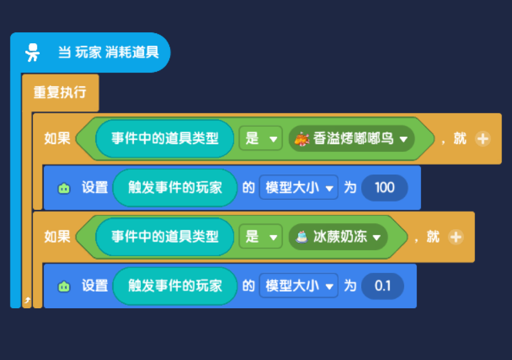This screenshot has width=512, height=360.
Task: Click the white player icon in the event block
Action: [x=33, y=53]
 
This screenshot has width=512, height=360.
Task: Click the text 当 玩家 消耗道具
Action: [x=108, y=52]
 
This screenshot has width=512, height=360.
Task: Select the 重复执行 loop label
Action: [x=60, y=92]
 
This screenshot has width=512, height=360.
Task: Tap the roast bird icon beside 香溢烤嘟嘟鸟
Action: [x=302, y=139]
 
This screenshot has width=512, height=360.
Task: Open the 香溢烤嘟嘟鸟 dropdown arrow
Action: [x=404, y=139]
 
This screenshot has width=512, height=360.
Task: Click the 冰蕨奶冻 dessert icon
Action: [x=302, y=237]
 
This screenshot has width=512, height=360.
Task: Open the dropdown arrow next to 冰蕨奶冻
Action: [x=377, y=237]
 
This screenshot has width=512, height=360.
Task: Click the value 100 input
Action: [x=384, y=187]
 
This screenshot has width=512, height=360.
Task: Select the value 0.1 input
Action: [x=382, y=286]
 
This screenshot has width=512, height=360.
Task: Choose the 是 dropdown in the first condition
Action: [x=261, y=138]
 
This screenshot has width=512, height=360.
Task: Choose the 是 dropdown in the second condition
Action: [x=261, y=236]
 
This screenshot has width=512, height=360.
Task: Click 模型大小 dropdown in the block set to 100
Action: [x=299, y=187]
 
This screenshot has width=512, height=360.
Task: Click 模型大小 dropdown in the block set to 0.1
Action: [x=299, y=286]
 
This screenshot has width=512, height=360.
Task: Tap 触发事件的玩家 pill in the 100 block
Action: [x=175, y=187]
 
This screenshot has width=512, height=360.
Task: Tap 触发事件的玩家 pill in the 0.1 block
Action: [x=175, y=286]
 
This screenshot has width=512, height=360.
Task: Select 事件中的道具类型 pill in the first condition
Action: [x=165, y=138]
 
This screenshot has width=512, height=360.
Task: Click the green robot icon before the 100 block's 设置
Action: [x=64, y=188]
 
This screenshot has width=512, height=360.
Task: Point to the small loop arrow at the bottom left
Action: [x=27, y=300]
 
